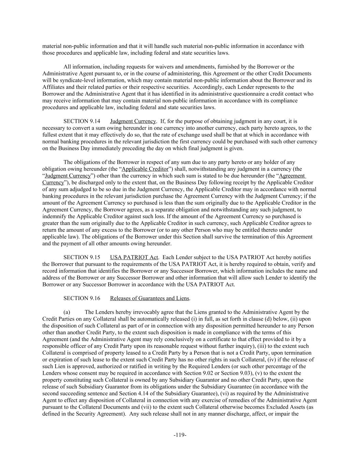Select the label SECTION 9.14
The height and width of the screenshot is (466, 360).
point(82,121)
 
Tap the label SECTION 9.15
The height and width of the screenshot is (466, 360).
point(82,257)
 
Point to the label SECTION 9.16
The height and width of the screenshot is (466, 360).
point(82,298)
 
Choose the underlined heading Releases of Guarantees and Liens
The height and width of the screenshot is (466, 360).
point(149,298)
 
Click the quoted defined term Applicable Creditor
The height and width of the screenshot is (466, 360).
point(145,169)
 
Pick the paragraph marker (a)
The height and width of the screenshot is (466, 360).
point(67,312)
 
